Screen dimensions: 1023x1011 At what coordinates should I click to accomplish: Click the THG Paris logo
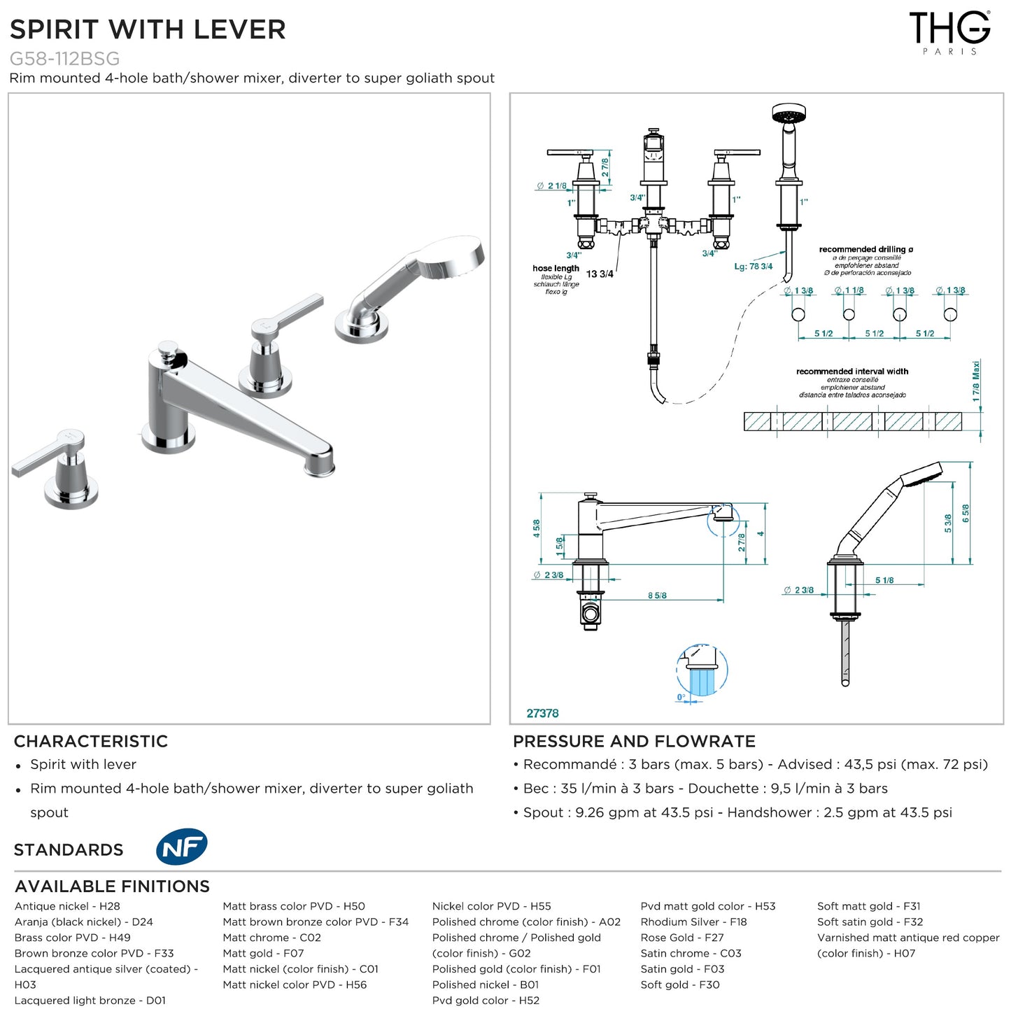click(x=949, y=32)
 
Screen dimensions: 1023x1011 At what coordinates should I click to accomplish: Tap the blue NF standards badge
click(x=181, y=847)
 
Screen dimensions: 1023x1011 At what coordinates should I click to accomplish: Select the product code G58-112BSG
click(x=64, y=59)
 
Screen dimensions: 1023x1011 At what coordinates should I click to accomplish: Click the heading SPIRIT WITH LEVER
click(x=148, y=29)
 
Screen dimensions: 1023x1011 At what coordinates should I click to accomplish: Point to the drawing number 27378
click(x=542, y=713)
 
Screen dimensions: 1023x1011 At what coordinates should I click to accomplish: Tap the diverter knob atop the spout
click(x=168, y=350)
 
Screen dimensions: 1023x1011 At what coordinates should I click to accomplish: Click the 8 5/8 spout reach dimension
click(x=657, y=595)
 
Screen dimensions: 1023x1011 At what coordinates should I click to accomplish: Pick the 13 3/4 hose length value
click(x=600, y=274)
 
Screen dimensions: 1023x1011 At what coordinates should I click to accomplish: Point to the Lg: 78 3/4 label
click(x=753, y=266)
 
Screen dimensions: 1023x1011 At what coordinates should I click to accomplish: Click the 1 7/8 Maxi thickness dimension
click(x=976, y=381)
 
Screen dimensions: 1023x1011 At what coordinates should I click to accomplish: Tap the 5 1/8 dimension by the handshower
click(x=884, y=580)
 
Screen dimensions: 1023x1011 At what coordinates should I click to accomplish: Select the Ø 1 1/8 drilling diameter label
click(x=849, y=290)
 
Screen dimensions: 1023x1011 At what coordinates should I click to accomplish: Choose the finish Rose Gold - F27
click(x=681, y=938)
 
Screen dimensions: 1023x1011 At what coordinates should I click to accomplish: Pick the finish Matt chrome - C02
click(x=271, y=938)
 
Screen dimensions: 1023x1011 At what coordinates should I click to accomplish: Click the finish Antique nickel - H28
click(x=67, y=906)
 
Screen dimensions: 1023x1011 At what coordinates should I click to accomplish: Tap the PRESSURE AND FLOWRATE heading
click(x=634, y=741)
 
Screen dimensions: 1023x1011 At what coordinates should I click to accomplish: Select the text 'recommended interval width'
click(x=852, y=372)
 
